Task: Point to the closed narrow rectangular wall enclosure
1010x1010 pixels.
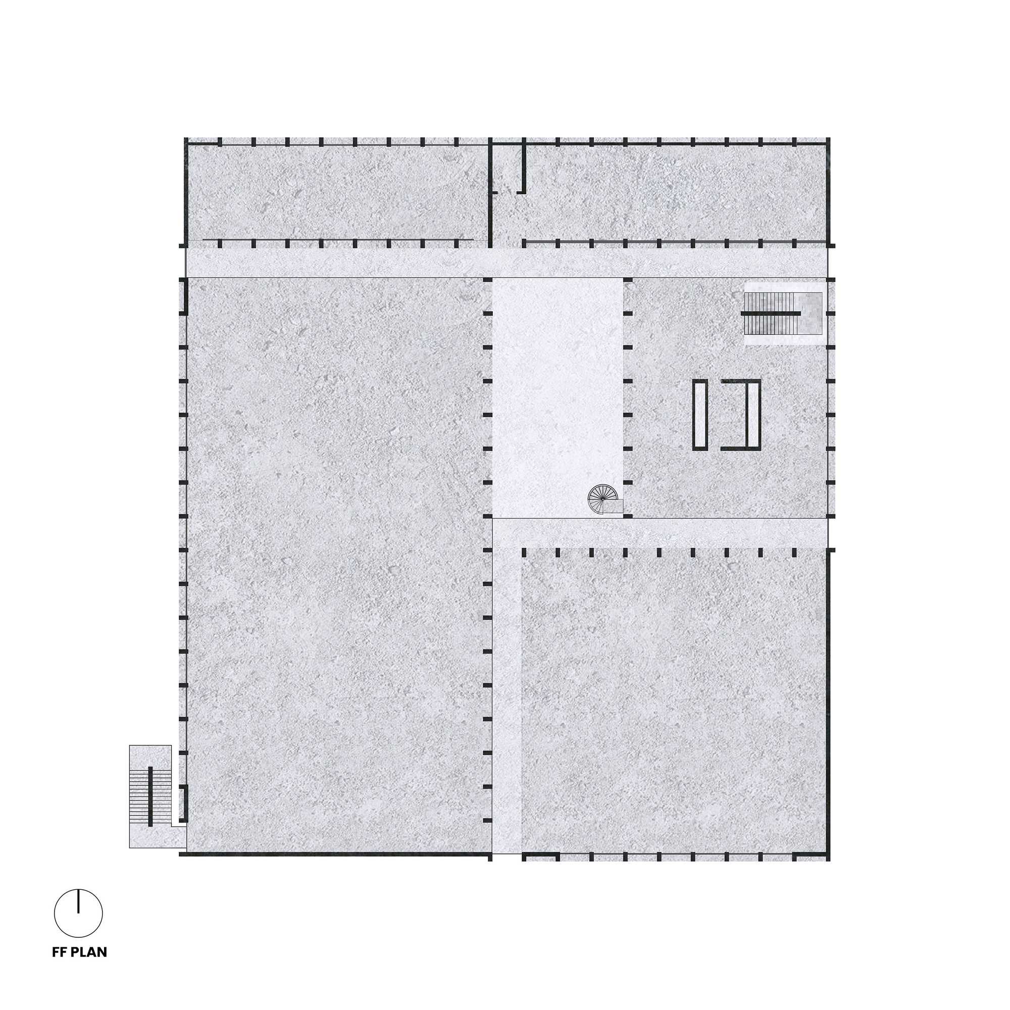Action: (x=700, y=415)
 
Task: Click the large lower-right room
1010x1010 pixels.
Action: (x=674, y=700)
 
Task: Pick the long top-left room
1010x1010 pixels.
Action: (x=337, y=192)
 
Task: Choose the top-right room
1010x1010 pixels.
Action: (x=674, y=192)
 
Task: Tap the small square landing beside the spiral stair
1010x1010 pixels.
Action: (x=614, y=507)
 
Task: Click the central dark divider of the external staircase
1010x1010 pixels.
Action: (x=150, y=797)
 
